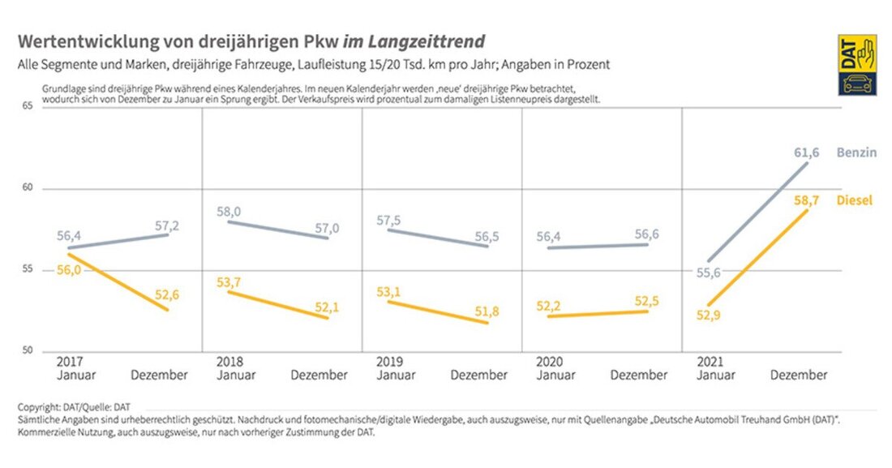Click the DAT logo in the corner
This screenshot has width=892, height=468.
(857, 65)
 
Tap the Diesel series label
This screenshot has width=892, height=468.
(854, 200)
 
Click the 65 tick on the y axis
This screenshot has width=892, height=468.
(26, 106)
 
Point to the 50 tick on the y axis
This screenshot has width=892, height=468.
(26, 351)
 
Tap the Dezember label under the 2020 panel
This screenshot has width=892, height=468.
(638, 375)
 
